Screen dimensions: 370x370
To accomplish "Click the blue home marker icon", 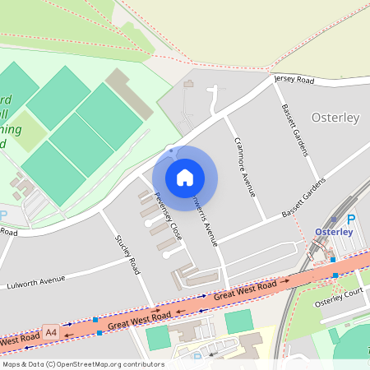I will point(185,177).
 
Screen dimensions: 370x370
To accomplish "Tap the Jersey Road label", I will point(294,81).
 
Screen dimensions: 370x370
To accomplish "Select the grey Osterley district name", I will point(335,118).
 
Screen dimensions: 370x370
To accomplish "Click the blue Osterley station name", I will point(334,232).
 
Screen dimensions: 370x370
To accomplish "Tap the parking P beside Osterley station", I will point(352,220).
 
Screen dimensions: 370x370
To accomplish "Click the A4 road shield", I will point(52,332).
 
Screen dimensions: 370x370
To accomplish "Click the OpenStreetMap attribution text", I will point(82,364).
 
